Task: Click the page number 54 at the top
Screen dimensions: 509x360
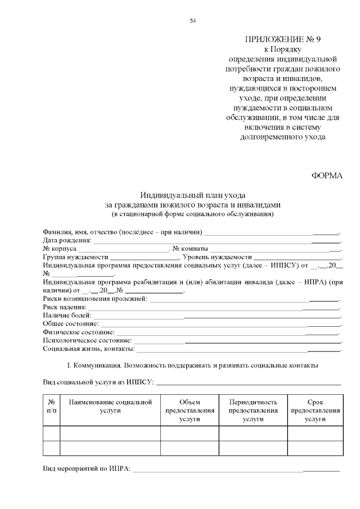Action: [192, 21]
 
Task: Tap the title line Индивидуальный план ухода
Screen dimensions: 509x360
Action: [192, 195]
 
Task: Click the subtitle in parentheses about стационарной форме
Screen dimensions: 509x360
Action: [192, 214]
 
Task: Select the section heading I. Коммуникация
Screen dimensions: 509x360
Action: [192, 366]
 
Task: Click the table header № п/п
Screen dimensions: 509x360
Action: [52, 407]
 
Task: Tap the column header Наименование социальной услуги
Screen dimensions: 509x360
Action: [110, 407]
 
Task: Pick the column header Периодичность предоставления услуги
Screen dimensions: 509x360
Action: [253, 411]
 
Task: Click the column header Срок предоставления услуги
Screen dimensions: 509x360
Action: [315, 411]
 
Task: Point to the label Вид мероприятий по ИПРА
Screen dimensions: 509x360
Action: [86, 468]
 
